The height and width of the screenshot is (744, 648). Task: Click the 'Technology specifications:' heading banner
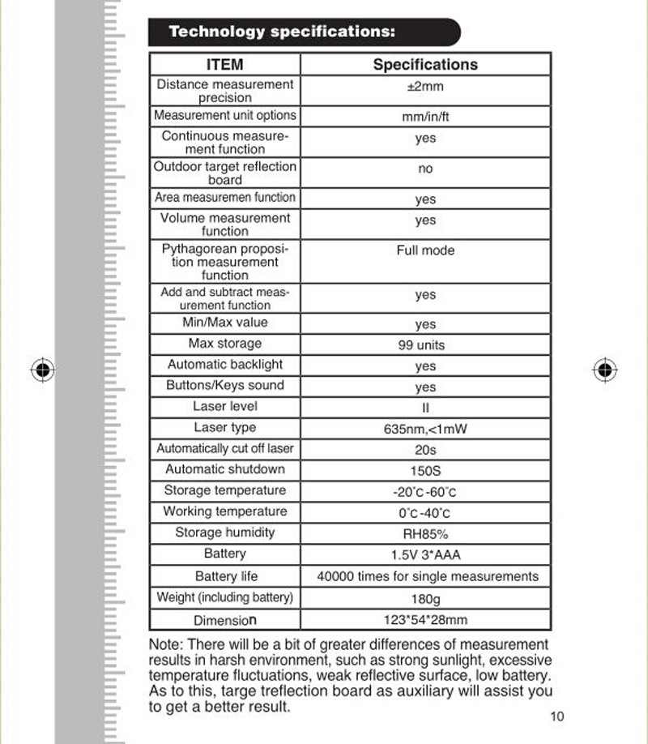tap(304, 32)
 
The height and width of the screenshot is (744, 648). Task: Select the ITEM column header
tap(224, 65)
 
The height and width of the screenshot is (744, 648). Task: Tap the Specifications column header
tap(425, 65)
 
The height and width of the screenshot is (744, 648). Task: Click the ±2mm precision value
tap(425, 87)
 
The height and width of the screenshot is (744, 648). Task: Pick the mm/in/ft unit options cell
tap(425, 117)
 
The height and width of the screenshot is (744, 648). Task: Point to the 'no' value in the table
tap(425, 169)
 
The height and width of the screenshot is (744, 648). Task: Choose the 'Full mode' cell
tap(425, 250)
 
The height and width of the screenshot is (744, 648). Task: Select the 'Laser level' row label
tap(225, 406)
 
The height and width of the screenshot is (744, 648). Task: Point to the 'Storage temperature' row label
tap(225, 490)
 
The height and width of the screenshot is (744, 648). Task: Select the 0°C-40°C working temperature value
tap(424, 514)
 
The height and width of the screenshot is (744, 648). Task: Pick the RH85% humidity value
tap(425, 535)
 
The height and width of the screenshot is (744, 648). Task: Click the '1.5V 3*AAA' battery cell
tap(425, 556)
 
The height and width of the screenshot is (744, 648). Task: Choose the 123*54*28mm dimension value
tap(425, 621)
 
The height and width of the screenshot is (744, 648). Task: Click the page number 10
tap(556, 716)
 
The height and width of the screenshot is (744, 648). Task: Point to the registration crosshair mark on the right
tap(605, 370)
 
